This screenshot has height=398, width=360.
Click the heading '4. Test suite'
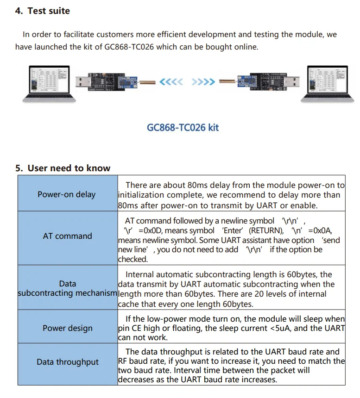tap(42, 11)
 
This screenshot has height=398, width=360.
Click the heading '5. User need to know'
tap(63, 168)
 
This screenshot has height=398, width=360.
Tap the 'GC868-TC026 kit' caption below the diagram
tap(183, 127)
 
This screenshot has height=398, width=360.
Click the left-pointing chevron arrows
tap(171, 82)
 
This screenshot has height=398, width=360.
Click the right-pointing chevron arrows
tap(203, 82)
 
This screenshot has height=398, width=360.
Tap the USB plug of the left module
tap(83, 81)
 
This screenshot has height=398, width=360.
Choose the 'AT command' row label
tap(67, 236)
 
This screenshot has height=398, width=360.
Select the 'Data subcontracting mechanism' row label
tap(68, 288)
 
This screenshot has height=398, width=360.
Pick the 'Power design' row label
tap(68, 328)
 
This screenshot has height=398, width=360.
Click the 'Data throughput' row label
tap(68, 362)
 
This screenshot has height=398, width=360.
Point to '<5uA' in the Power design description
tap(280, 328)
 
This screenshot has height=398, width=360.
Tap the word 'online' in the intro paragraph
tap(244, 47)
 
